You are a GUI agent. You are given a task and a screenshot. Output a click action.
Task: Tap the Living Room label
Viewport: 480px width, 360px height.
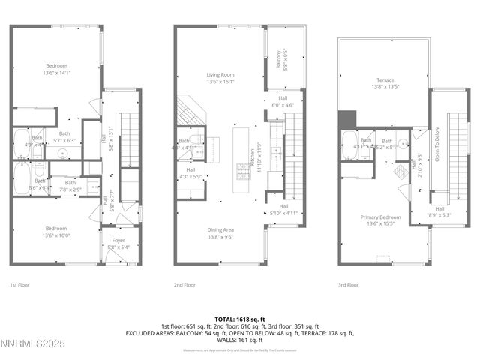coord(220,75)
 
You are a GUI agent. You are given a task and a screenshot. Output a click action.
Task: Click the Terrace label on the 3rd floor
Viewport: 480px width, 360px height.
coord(384,79)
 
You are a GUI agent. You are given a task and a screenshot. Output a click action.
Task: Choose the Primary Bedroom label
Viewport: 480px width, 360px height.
coord(380,217)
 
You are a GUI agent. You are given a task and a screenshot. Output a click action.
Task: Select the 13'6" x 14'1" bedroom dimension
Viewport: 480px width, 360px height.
coord(55,73)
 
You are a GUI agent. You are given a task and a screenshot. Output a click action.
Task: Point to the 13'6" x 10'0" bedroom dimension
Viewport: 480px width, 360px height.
coord(55,233)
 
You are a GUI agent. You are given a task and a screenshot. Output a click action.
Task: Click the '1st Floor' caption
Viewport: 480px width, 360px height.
coord(19,285)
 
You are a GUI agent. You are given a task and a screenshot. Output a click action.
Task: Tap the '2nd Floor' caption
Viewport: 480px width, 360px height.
coord(185,285)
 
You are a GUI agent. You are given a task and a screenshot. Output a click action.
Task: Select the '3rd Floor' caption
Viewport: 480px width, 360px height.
coord(348,285)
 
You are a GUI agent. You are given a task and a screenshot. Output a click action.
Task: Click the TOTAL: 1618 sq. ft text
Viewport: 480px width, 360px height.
coord(239,319)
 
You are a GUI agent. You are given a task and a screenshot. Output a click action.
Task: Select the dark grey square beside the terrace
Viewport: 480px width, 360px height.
coord(346,118)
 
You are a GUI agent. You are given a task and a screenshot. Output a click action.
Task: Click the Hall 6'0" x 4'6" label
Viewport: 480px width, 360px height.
coord(283,101)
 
